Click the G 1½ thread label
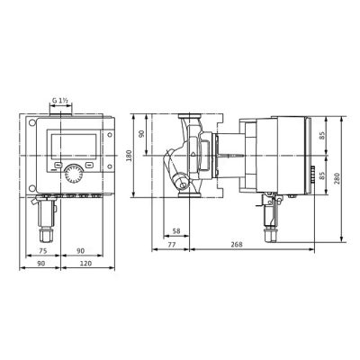point(59,101)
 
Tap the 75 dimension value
point(43,251)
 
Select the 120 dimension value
point(85,264)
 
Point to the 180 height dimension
point(129,156)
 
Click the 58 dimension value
point(176,231)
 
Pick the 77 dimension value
point(171,245)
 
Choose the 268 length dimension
point(237,245)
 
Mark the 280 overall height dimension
point(337,178)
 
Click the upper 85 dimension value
point(322,135)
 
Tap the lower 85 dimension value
point(322,175)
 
